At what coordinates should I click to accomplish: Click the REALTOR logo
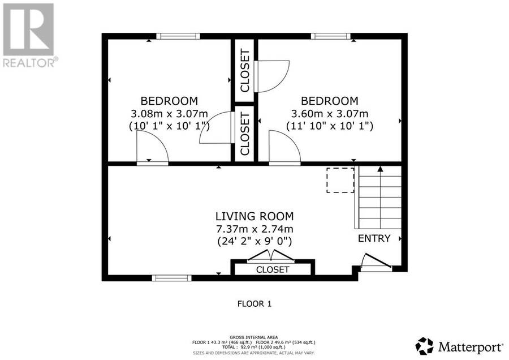pos(30,35)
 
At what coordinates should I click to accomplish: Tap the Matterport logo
pos(459,346)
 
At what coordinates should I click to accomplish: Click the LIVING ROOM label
pos(255,216)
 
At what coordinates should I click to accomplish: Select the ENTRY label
pos(374,238)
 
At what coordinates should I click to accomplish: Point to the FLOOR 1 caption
pos(255,304)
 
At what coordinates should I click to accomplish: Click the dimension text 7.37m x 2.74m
pos(255,229)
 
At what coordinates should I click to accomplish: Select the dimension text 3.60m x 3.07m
pos(330,114)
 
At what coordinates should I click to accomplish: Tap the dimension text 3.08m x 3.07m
pos(169,114)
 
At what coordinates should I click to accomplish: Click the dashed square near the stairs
pos(340,181)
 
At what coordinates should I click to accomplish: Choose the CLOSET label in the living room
pos(273,269)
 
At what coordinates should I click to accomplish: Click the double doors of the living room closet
pos(271,256)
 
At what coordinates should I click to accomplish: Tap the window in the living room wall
pos(172,278)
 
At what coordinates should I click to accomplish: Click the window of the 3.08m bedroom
pos(178,36)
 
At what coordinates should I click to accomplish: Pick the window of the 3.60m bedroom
pos(331,36)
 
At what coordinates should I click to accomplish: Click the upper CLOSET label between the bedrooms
pos(245,71)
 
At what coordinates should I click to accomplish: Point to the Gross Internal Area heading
pos(253,337)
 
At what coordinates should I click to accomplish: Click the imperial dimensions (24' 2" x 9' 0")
pos(255,241)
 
